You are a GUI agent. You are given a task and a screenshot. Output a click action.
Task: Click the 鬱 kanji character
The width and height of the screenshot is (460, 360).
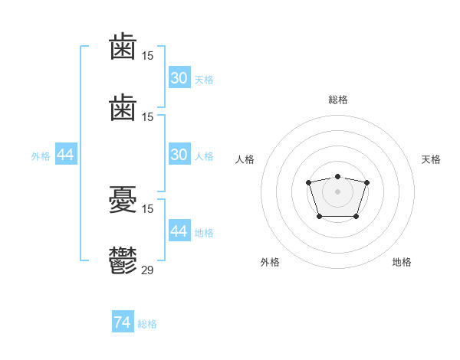click(x=123, y=260)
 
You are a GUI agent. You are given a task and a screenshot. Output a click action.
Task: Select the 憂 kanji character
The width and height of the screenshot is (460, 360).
click(x=123, y=199)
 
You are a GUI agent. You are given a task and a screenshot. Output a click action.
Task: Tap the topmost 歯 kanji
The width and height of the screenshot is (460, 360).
click(x=123, y=46)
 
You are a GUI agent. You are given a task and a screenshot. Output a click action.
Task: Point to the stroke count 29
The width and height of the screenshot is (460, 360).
click(x=147, y=270)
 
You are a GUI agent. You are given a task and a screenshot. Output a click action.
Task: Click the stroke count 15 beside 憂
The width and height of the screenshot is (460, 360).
click(x=147, y=209)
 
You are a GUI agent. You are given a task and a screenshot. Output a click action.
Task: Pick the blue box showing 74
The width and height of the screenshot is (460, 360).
click(x=123, y=321)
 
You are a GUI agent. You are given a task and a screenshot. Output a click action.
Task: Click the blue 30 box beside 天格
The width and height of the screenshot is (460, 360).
click(x=179, y=77)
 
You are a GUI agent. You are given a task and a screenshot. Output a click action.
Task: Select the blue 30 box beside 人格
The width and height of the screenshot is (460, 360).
click(x=179, y=154)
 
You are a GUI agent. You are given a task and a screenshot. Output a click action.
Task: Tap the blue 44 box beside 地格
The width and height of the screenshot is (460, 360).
click(x=179, y=230)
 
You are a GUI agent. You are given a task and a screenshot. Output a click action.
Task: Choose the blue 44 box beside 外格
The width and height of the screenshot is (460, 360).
click(x=66, y=154)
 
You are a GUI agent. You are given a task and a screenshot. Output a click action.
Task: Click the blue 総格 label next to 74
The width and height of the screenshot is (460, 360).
click(x=147, y=324)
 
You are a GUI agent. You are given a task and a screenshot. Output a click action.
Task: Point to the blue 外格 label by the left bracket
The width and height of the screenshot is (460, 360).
click(x=41, y=156)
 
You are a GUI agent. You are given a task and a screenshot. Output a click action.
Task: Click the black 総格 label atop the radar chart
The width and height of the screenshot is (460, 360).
click(x=338, y=100)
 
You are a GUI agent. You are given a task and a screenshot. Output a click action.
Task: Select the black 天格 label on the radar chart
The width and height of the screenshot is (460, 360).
click(x=431, y=159)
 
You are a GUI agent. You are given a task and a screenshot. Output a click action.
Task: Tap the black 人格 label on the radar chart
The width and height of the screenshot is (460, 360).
click(x=245, y=159)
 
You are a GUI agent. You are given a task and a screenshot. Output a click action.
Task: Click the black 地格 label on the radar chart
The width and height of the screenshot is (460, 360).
click(x=402, y=262)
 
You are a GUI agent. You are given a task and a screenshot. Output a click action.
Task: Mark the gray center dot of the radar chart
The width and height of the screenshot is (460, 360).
click(x=337, y=191)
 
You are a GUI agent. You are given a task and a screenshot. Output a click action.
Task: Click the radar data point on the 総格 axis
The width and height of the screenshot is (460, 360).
click(x=337, y=176)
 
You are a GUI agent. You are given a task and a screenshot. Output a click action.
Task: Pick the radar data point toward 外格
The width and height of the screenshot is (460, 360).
click(x=320, y=217)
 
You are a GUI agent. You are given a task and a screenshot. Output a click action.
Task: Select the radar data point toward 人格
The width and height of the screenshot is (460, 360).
click(x=308, y=182)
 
